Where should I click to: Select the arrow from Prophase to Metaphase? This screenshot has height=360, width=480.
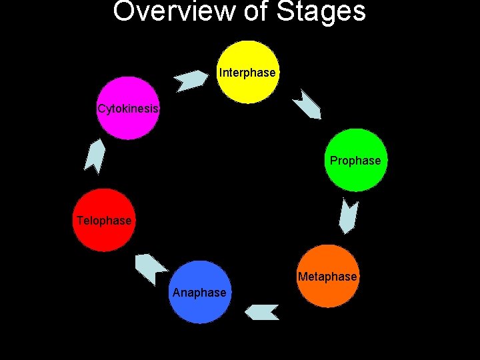pyautogui.click(x=349, y=217)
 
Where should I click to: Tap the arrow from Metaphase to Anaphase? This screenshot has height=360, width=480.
pyautogui.click(x=261, y=311)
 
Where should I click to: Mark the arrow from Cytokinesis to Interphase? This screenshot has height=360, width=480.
pyautogui.click(x=191, y=79)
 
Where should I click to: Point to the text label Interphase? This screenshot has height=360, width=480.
pyautogui.click(x=247, y=73)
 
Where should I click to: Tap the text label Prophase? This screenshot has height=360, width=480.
pyautogui.click(x=355, y=161)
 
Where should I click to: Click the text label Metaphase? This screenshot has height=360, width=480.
pyautogui.click(x=327, y=277)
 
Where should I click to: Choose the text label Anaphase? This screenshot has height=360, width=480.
pyautogui.click(x=199, y=293)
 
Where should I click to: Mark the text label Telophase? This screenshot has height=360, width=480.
pyautogui.click(x=104, y=221)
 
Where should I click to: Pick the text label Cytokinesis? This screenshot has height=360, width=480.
pyautogui.click(x=129, y=109)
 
